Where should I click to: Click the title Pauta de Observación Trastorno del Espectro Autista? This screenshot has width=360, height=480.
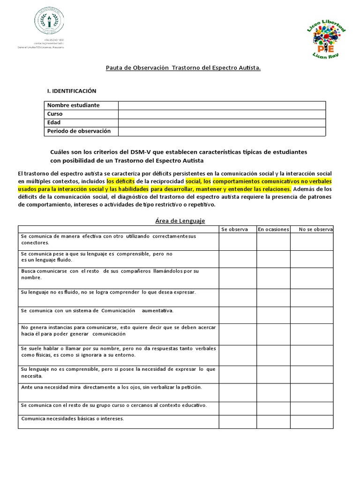tap(183, 68)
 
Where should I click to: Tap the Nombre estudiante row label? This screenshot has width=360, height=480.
tap(73, 105)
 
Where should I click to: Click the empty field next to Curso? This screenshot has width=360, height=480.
tap(222, 114)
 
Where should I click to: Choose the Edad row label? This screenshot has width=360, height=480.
tap(54, 123)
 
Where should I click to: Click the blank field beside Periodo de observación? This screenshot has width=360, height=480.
tap(222, 131)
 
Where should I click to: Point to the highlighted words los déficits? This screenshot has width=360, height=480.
tap(121, 180)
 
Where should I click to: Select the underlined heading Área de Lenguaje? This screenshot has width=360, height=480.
tap(180, 220)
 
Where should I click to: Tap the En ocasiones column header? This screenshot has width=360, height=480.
tap(273, 229)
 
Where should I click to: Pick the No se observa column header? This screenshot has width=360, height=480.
tap(315, 229)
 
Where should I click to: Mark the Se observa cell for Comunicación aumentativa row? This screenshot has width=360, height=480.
tap(237, 314)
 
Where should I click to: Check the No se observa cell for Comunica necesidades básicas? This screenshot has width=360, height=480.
tap(311, 421)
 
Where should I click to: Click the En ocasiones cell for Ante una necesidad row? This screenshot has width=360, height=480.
tap(273, 392)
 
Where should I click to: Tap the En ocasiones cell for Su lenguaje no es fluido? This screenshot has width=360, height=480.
tap(273, 297)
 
